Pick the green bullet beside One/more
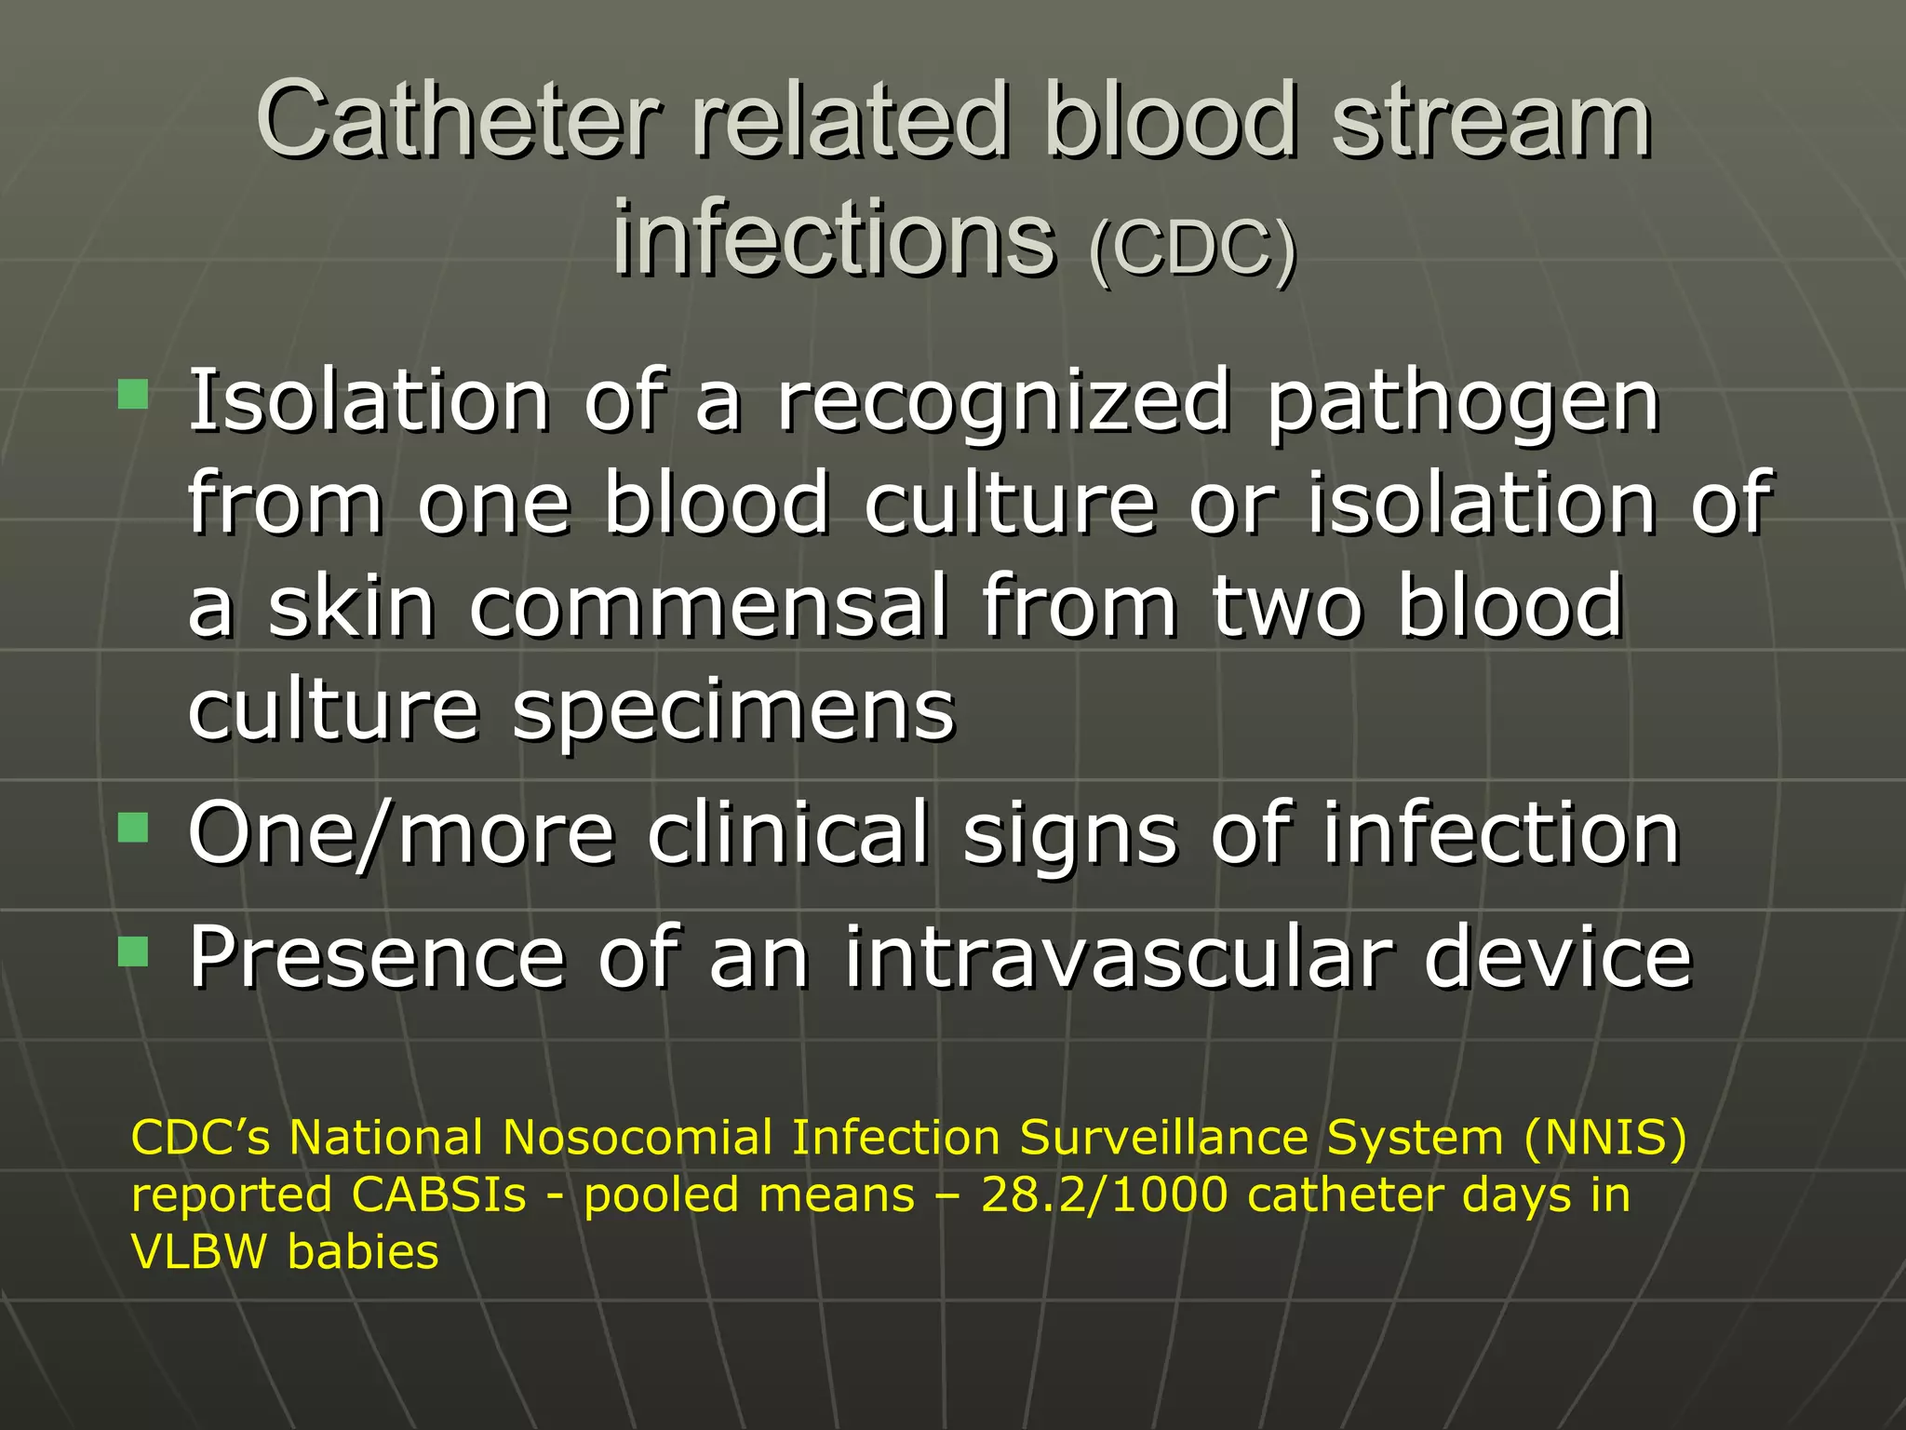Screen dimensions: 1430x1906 133,826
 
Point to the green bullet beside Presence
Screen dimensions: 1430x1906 133,951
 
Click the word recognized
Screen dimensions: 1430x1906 1003,402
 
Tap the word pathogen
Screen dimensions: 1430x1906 1463,402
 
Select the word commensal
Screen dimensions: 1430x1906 708,606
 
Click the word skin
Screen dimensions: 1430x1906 351,606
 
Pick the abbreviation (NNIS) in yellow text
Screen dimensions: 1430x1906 1604,1137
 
